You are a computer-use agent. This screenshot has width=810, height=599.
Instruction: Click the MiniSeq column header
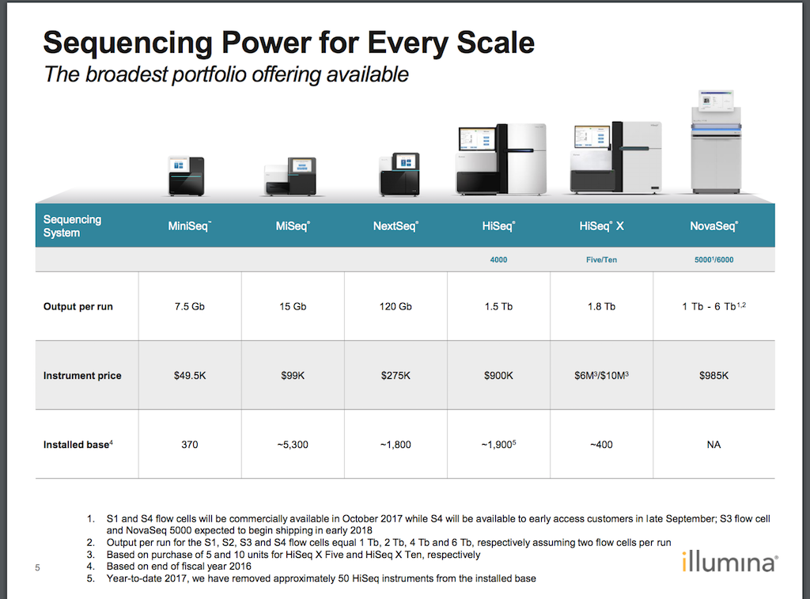tap(189, 226)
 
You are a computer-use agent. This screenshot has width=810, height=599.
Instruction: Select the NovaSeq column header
tap(714, 226)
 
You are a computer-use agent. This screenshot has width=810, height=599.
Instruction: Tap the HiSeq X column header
tap(601, 226)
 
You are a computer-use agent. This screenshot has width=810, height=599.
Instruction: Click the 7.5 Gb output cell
tap(190, 306)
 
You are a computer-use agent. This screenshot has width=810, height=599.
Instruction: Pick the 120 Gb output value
tap(396, 306)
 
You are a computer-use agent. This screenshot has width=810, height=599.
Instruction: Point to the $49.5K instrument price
tap(190, 376)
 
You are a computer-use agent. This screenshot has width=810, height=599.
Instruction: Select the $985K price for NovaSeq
tap(714, 376)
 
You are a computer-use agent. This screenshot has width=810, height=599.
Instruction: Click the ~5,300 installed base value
tap(293, 445)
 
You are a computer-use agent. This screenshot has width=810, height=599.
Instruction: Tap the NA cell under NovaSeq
tap(714, 445)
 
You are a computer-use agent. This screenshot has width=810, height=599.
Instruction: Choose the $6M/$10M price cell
tap(601, 376)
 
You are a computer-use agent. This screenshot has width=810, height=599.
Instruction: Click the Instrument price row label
tap(82, 376)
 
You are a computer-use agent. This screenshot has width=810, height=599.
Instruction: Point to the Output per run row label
tap(78, 306)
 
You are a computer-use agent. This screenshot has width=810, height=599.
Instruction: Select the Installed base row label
tap(78, 445)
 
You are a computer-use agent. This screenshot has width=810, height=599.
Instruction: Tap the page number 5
tap(37, 567)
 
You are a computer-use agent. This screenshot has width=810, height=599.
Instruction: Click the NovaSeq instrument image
tap(716, 141)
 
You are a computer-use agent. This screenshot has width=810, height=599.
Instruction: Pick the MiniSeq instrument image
tap(187, 176)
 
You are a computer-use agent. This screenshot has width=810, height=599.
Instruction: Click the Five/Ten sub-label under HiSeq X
tap(601, 260)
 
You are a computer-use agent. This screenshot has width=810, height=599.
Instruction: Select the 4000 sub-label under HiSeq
tap(498, 260)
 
